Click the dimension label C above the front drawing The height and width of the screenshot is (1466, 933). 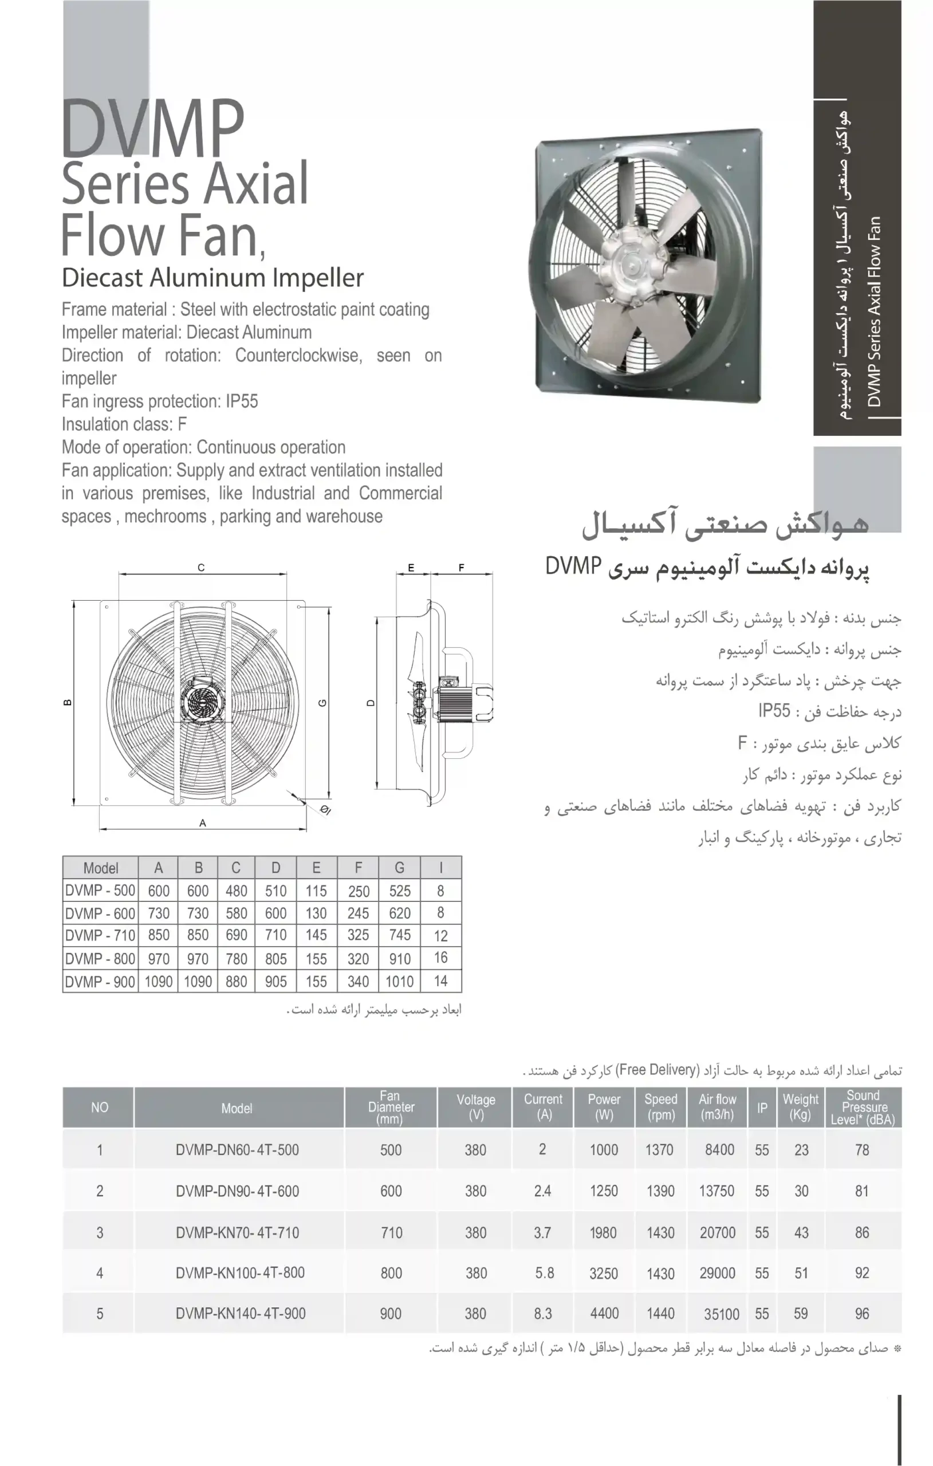coord(201,568)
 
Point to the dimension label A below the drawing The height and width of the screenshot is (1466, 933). coord(203,823)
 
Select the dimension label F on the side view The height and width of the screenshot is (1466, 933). coord(461,568)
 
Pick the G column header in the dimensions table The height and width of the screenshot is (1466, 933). coord(400,868)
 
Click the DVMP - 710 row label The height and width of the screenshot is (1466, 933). coord(100,935)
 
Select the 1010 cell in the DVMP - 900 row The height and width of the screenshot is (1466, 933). coord(400,982)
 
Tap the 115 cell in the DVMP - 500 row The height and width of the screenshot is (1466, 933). coord(316,890)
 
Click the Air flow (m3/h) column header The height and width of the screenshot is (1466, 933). coord(718,1107)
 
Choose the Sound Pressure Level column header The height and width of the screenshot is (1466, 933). coord(863,1107)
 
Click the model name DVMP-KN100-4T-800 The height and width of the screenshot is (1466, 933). coord(240,1272)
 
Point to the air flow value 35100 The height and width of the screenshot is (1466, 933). coord(721,1314)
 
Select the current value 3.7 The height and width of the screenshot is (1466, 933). coord(542,1232)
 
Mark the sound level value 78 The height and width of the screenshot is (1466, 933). coord(862,1149)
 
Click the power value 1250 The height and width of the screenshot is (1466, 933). coord(604,1191)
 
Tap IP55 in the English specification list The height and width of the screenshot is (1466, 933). coord(242,401)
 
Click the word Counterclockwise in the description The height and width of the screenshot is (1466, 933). coord(298,356)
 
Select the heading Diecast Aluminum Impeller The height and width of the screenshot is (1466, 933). coord(212,278)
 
